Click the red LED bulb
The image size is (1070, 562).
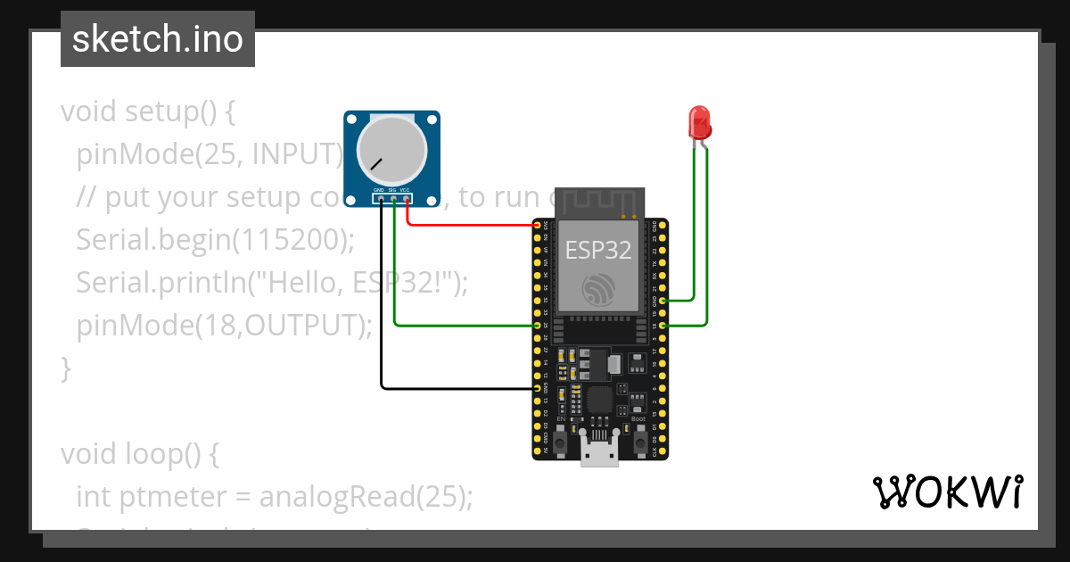698,121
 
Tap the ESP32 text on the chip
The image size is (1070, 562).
598,250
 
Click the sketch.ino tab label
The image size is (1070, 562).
158,39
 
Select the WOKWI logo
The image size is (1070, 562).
947,492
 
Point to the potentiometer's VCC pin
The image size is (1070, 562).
407,198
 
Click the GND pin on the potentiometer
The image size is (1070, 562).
381,198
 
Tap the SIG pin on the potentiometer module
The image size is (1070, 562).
393,198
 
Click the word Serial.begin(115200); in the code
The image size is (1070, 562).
215,240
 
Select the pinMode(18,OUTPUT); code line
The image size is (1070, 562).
224,326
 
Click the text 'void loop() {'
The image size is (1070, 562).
139,454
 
